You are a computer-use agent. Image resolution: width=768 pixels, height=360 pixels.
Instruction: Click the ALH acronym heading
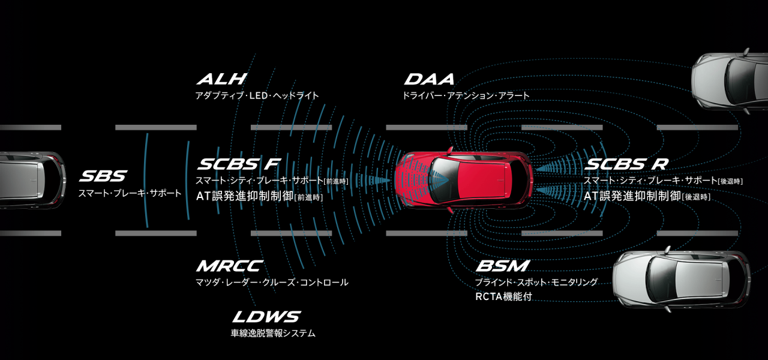[x=221, y=79]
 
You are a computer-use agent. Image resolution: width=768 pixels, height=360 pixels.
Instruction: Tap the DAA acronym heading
[x=429, y=79]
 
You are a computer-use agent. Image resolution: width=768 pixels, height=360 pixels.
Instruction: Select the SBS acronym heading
[x=103, y=176]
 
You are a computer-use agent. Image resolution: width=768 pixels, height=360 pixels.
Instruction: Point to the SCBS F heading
[x=238, y=164]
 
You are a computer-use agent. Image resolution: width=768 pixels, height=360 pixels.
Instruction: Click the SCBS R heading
[x=626, y=164]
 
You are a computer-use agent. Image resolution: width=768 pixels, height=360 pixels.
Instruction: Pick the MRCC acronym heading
[x=229, y=266]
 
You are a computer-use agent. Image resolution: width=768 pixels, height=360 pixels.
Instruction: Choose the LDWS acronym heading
[x=266, y=317]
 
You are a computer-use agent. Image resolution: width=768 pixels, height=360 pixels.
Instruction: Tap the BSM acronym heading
[x=502, y=266]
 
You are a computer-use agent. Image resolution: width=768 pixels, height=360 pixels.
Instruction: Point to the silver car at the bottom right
[x=681, y=280]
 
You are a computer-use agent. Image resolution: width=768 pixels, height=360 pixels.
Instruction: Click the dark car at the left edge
[x=30, y=180]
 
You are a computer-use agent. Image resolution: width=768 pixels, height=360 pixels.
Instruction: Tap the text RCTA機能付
[x=503, y=296]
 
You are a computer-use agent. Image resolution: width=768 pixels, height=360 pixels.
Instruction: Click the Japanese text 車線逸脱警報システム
[x=273, y=333]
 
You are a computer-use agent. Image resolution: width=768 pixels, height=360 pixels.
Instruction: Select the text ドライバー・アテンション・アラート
[x=466, y=95]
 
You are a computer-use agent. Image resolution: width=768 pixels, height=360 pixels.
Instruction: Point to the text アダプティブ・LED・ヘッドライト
[x=257, y=95]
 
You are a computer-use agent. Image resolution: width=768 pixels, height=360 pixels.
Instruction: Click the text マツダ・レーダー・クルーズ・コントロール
[x=272, y=282]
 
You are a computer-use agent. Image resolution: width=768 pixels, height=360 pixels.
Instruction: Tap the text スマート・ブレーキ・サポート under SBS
[x=130, y=193]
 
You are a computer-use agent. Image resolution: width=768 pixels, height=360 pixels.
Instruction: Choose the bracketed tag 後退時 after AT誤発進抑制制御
[x=697, y=197]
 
